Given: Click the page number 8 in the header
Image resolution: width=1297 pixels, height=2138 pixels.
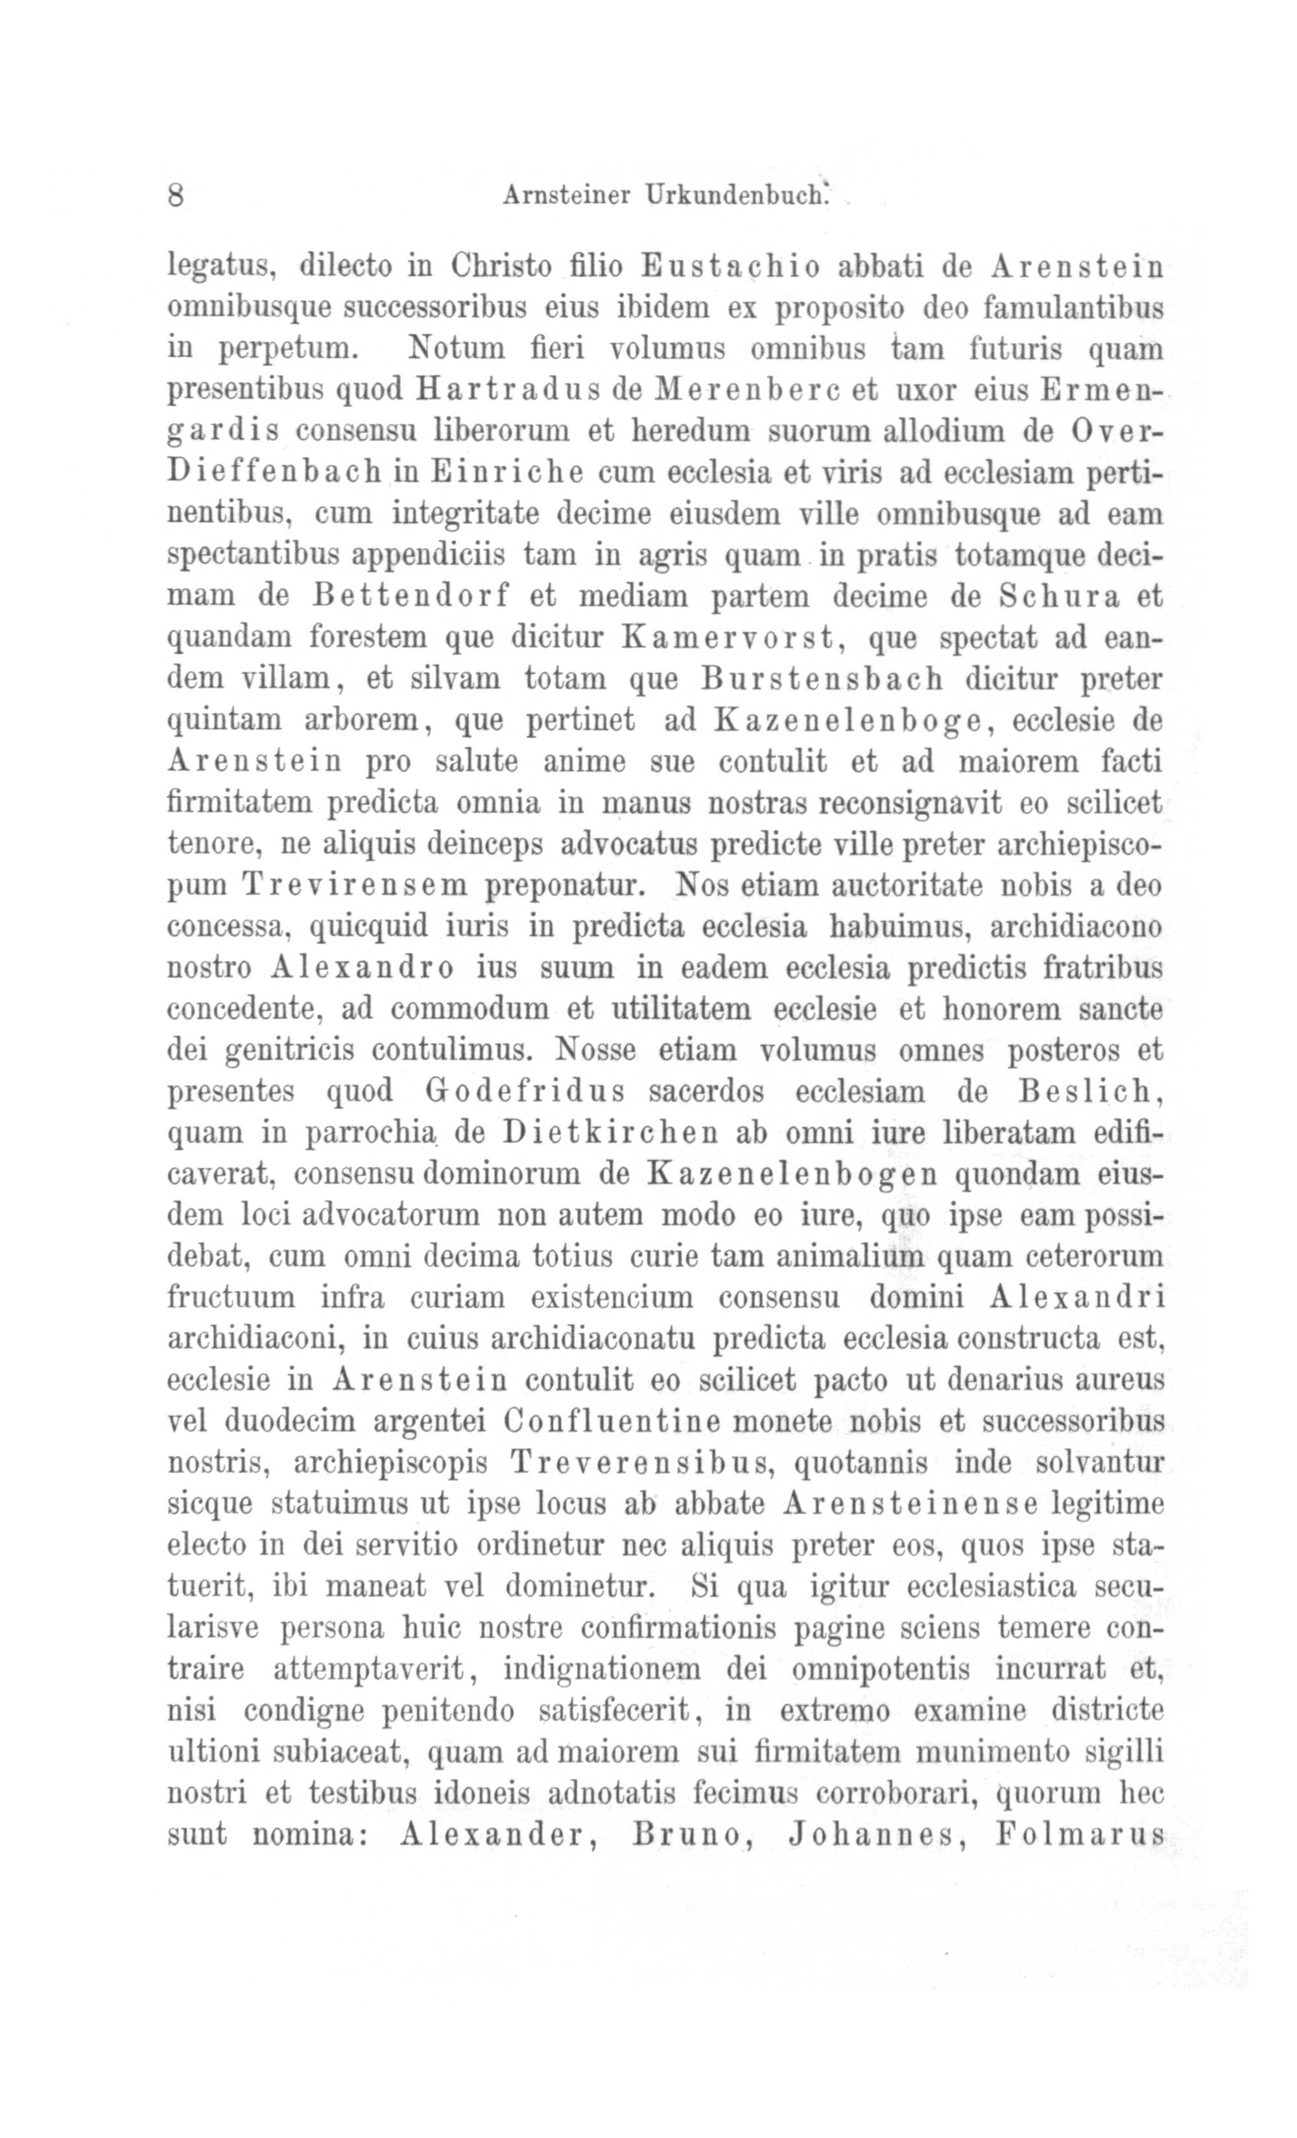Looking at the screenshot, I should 175,195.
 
